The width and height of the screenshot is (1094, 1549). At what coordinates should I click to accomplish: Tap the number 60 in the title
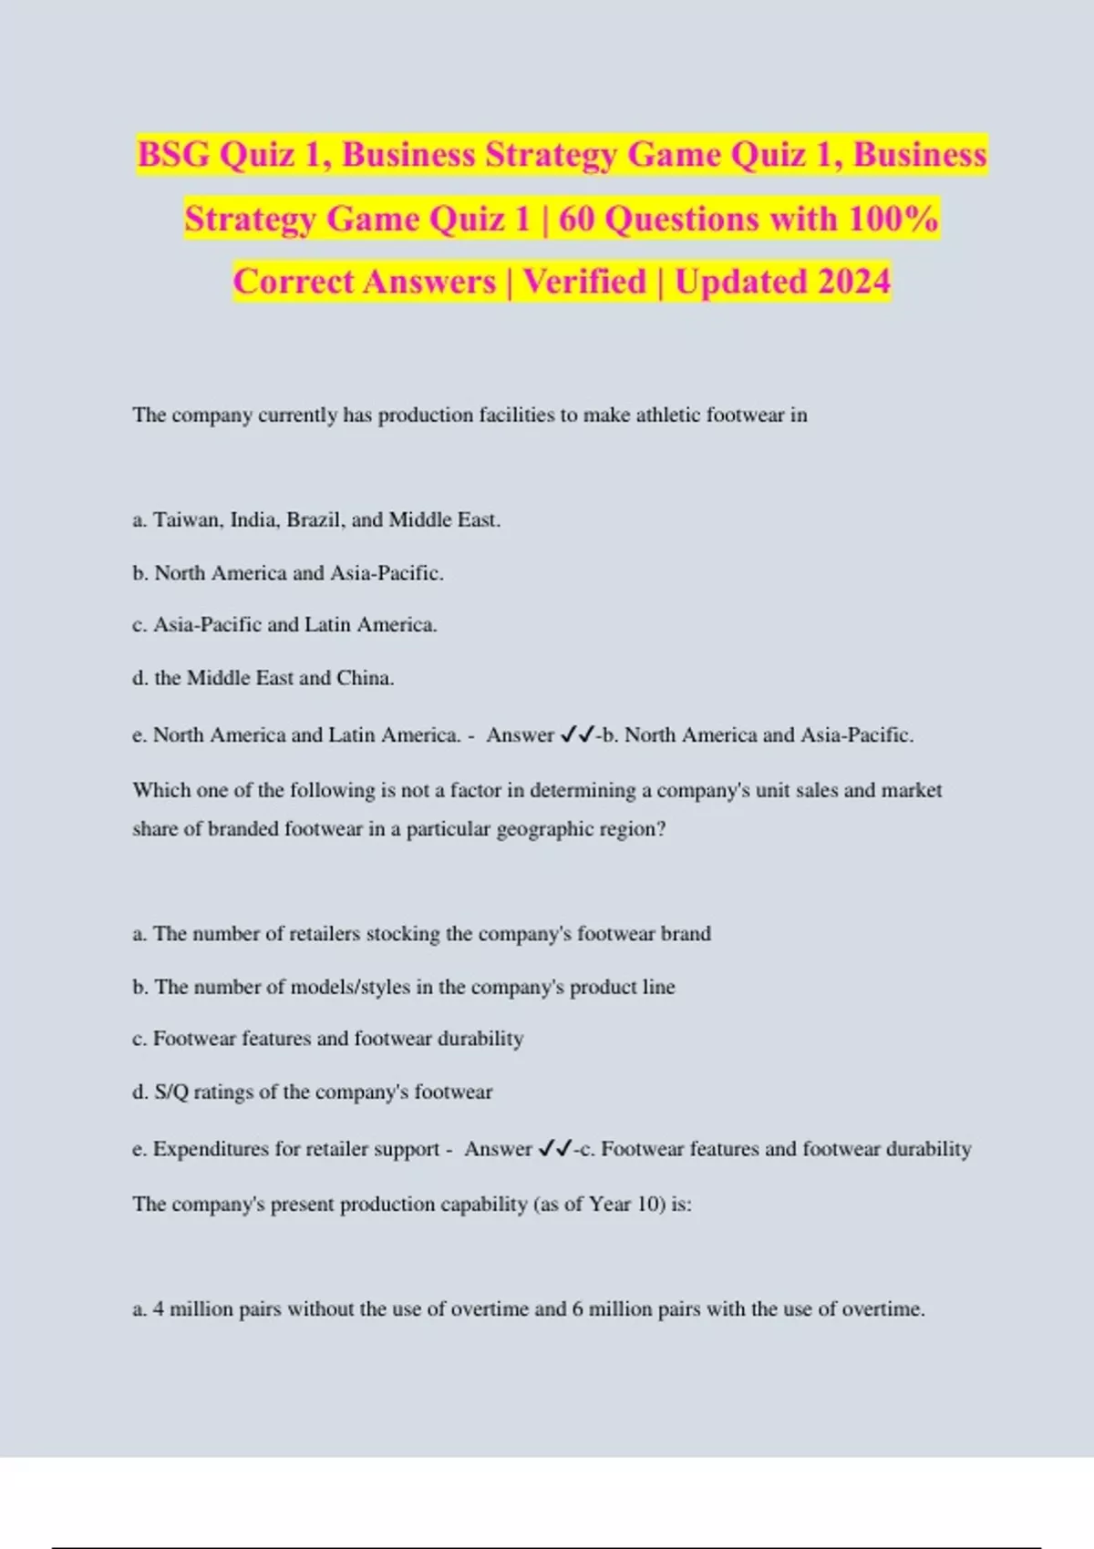coord(576,219)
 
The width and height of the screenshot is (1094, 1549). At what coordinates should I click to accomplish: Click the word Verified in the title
coord(583,282)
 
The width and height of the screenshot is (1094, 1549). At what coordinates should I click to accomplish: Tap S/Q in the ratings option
coord(171,1092)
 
